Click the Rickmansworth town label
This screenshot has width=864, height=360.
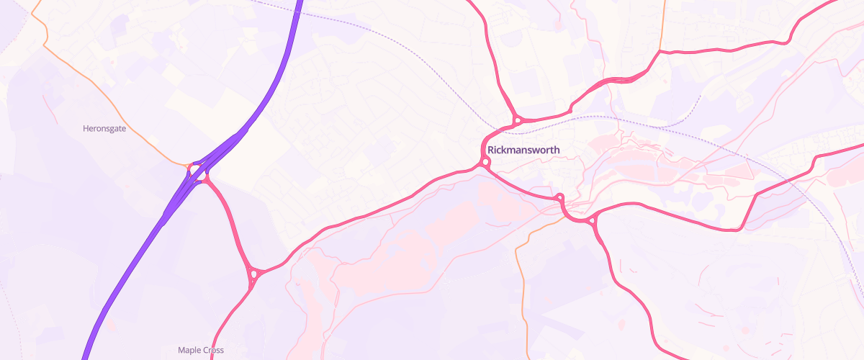(x=523, y=150)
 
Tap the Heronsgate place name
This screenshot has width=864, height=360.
(x=105, y=128)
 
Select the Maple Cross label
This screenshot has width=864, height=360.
(x=201, y=350)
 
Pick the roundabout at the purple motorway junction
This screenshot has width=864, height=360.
(x=197, y=172)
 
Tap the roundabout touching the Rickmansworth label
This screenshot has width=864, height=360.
(x=485, y=163)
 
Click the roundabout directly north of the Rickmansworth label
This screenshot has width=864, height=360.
(x=517, y=120)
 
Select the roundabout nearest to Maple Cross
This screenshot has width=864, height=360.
(x=253, y=274)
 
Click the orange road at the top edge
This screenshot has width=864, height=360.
(x=662, y=22)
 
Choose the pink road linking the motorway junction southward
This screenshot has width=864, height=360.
(x=230, y=223)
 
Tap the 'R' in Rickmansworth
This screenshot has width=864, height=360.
(x=491, y=150)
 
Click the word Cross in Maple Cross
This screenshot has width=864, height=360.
(x=213, y=350)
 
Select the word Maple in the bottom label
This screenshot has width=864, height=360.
(x=189, y=350)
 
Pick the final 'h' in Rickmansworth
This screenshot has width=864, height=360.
(x=557, y=150)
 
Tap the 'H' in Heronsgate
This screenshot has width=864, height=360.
(x=86, y=128)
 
